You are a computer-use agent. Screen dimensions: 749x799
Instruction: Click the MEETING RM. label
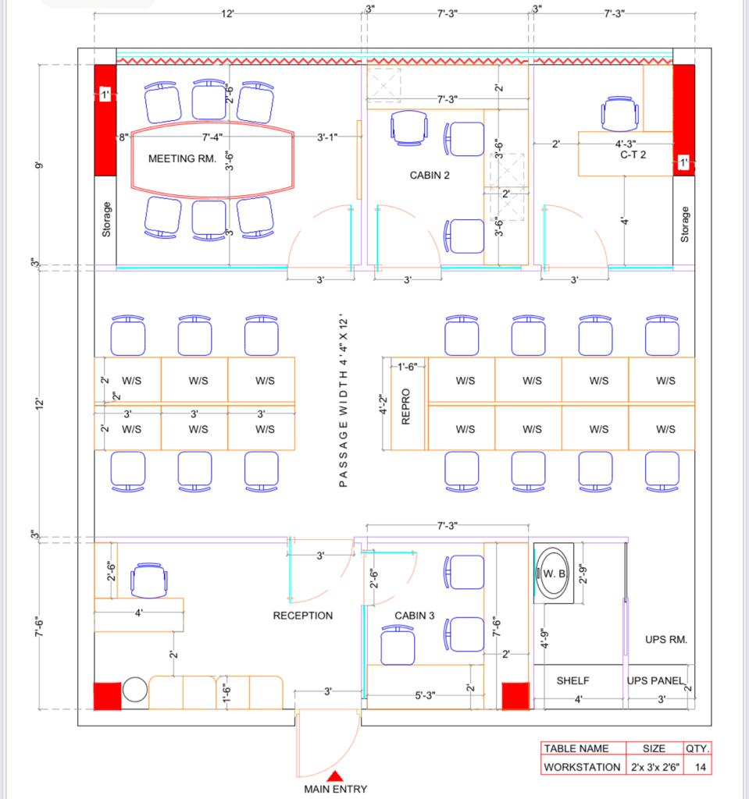182,159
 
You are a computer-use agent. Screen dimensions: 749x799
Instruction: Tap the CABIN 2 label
430,176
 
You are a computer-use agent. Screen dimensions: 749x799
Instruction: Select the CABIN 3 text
414,616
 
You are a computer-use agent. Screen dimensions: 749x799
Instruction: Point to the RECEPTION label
302,616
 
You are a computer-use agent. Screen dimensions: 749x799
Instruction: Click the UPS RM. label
666,640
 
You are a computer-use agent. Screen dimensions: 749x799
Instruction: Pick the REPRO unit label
406,406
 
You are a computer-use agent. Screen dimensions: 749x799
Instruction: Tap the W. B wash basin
554,574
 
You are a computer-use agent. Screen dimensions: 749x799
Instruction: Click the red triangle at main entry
335,776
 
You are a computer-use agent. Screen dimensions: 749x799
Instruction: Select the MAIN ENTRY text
335,789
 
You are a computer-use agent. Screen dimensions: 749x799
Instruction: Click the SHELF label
572,680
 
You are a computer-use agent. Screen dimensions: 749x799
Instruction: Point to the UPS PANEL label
655,680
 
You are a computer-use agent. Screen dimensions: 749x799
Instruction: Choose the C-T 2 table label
633,155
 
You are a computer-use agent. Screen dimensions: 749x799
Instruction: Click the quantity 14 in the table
700,767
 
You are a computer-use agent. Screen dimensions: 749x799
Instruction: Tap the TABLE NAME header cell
576,748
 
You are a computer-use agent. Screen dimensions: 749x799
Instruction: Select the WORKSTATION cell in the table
582,767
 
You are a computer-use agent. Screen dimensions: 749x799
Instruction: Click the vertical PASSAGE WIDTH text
344,402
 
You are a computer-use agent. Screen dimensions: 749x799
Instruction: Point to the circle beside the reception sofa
134,690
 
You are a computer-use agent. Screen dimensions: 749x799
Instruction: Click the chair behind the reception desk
148,581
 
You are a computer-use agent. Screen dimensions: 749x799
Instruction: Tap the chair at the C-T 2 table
620,114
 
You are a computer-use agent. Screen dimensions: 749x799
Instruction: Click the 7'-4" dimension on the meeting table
212,137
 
